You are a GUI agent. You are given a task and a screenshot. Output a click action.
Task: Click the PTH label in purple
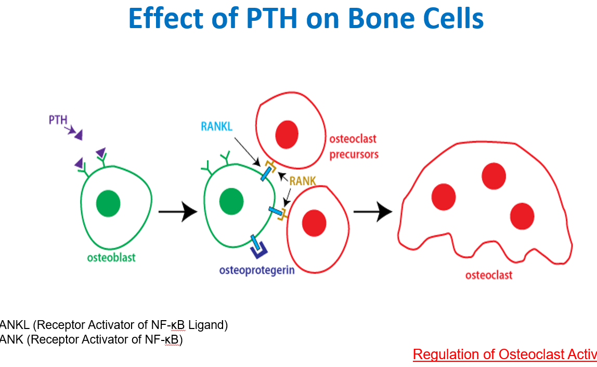pyautogui.click(x=58, y=120)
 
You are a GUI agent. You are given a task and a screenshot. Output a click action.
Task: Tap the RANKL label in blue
pyautogui.click(x=217, y=126)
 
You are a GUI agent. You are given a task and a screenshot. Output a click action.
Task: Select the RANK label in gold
pyautogui.click(x=303, y=181)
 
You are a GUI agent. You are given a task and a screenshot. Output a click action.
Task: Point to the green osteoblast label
pyautogui.click(x=111, y=257)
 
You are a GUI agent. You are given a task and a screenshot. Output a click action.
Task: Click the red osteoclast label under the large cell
pyautogui.click(x=488, y=275)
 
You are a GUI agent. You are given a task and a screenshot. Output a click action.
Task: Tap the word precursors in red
pyautogui.click(x=354, y=155)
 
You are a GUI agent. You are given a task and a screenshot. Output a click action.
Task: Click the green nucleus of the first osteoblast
pyautogui.click(x=108, y=203)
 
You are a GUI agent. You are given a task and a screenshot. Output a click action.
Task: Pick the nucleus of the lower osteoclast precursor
pyautogui.click(x=314, y=222)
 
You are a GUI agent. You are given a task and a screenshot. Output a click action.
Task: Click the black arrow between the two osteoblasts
pyautogui.click(x=177, y=212)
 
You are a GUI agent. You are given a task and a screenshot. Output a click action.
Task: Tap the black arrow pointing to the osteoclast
pyautogui.click(x=372, y=212)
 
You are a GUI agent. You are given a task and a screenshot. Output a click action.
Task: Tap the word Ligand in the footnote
pyautogui.click(x=207, y=325)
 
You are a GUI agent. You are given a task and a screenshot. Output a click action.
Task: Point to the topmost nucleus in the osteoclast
pyautogui.click(x=494, y=176)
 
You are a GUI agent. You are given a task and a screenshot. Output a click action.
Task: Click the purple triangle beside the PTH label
pyautogui.click(x=78, y=135)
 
